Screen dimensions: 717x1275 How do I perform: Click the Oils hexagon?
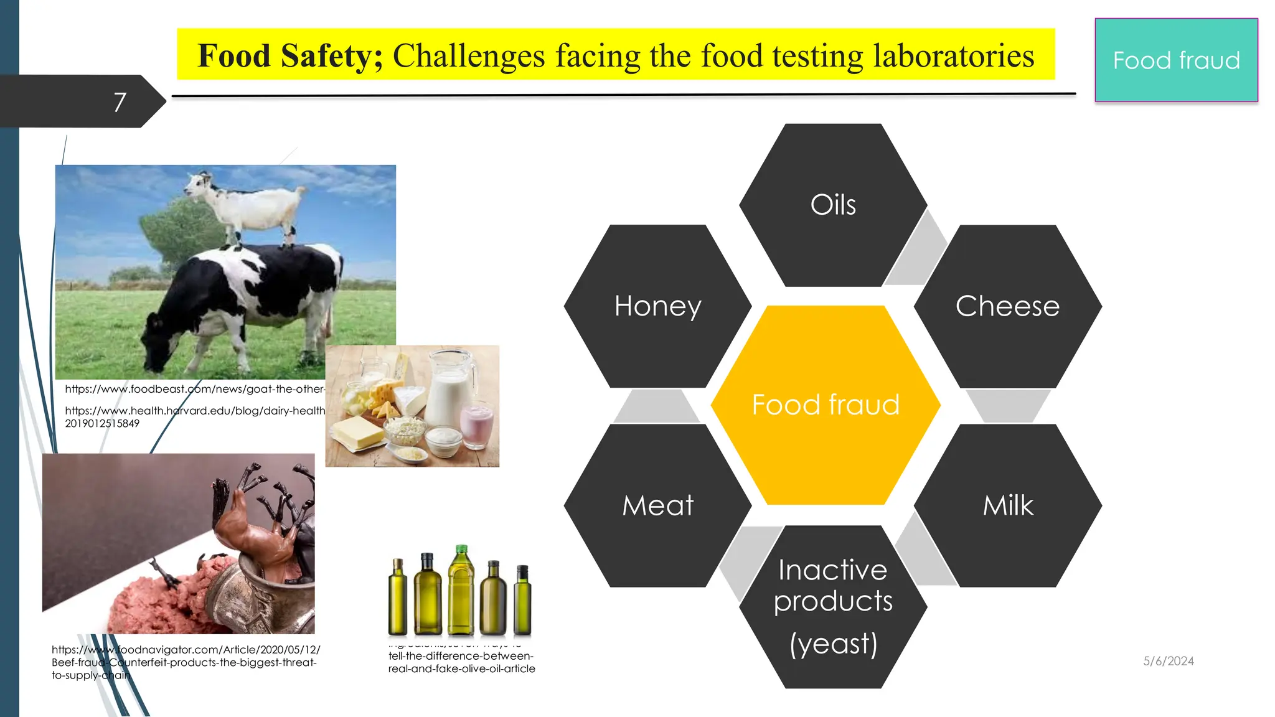833,205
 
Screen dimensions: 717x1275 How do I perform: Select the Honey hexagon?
657,306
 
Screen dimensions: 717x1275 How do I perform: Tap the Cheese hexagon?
1007,306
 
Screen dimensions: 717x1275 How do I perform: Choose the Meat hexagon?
657,505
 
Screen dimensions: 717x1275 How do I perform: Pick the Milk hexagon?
1007,505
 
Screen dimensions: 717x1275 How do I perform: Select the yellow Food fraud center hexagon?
826,405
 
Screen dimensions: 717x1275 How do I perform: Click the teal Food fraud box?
1176,60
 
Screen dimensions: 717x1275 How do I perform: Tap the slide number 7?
120,102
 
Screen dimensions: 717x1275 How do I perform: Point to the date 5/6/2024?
1168,661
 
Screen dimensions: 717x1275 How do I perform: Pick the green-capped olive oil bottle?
461,591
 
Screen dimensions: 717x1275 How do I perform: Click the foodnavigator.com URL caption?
186,662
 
